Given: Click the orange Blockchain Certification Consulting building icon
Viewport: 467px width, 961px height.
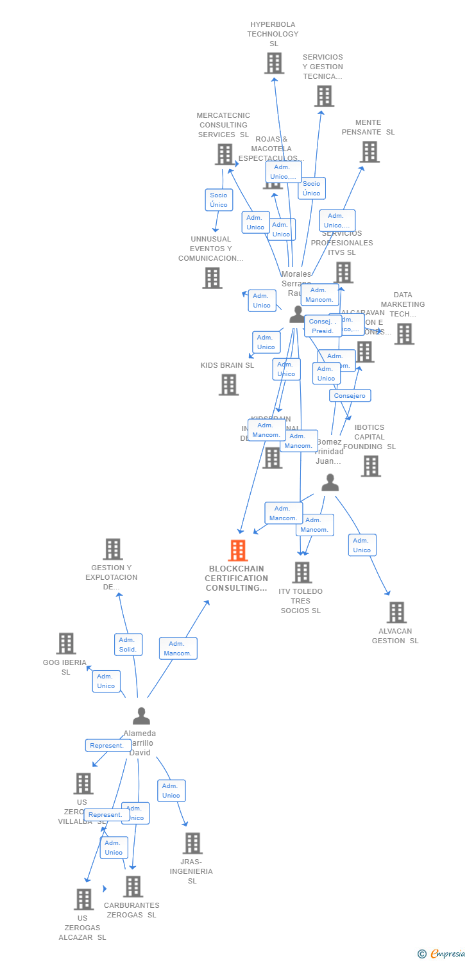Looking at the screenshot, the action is pyautogui.click(x=237, y=550).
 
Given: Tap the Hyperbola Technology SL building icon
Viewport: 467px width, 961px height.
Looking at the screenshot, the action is pyautogui.click(x=274, y=63).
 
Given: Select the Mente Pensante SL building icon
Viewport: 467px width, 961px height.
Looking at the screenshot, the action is pyautogui.click(x=369, y=152).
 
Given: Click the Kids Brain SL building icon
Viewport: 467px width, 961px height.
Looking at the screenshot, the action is pyautogui.click(x=228, y=384).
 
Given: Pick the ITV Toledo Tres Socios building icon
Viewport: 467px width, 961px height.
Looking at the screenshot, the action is pyautogui.click(x=301, y=572).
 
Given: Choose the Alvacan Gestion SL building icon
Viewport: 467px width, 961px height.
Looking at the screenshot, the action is pyautogui.click(x=396, y=612).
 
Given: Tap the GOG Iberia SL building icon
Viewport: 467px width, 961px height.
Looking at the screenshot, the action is pyautogui.click(x=66, y=643).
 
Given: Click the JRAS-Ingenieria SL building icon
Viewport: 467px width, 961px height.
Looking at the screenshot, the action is pyautogui.click(x=192, y=843).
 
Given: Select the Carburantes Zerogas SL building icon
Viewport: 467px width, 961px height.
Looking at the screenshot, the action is pyautogui.click(x=133, y=886).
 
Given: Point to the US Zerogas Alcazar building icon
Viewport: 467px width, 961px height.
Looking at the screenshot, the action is pyautogui.click(x=83, y=899).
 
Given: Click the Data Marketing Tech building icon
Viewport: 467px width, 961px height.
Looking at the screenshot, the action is pyautogui.click(x=403, y=333).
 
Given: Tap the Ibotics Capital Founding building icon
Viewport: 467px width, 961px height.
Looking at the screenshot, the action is pyautogui.click(x=370, y=466).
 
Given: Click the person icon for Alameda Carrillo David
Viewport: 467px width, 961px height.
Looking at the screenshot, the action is pyautogui.click(x=141, y=716).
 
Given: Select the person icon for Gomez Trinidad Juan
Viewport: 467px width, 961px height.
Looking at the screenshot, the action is pyautogui.click(x=330, y=482).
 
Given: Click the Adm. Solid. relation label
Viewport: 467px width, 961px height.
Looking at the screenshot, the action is pyautogui.click(x=128, y=645).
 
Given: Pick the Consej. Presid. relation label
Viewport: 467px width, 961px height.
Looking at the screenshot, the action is pyautogui.click(x=323, y=326).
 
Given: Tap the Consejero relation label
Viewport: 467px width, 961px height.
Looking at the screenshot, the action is pyautogui.click(x=350, y=395).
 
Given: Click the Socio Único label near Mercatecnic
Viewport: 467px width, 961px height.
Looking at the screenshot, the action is pyautogui.click(x=219, y=200).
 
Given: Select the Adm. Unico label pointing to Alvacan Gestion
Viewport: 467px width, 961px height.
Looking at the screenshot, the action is pyautogui.click(x=362, y=545).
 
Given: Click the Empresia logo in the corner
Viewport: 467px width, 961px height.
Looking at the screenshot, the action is pyautogui.click(x=442, y=953).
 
